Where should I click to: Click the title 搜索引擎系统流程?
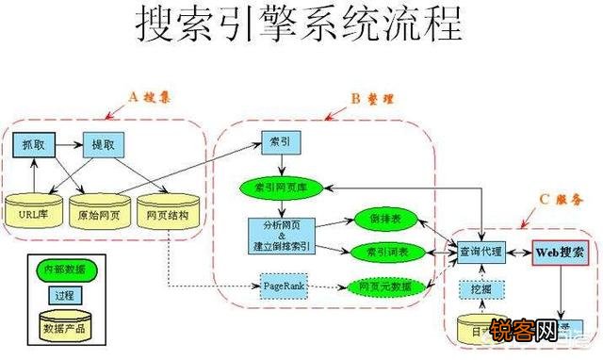point(301,25)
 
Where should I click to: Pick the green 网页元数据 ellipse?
point(379,286)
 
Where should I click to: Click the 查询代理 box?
point(481,252)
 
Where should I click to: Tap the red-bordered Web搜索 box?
point(561,252)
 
